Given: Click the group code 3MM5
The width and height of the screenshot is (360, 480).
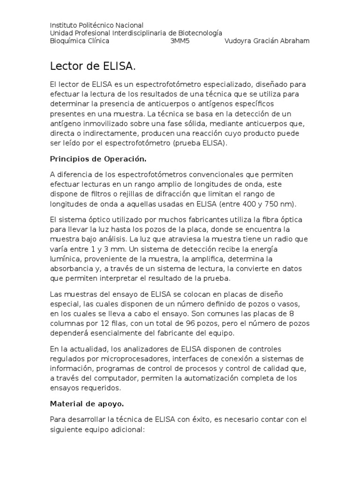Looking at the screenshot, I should pyautogui.click(x=180, y=41).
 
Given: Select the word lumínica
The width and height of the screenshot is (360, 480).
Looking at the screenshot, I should pyautogui.click(x=64, y=258).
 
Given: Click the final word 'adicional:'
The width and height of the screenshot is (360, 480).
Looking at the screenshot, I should pyautogui.click(x=127, y=429).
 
